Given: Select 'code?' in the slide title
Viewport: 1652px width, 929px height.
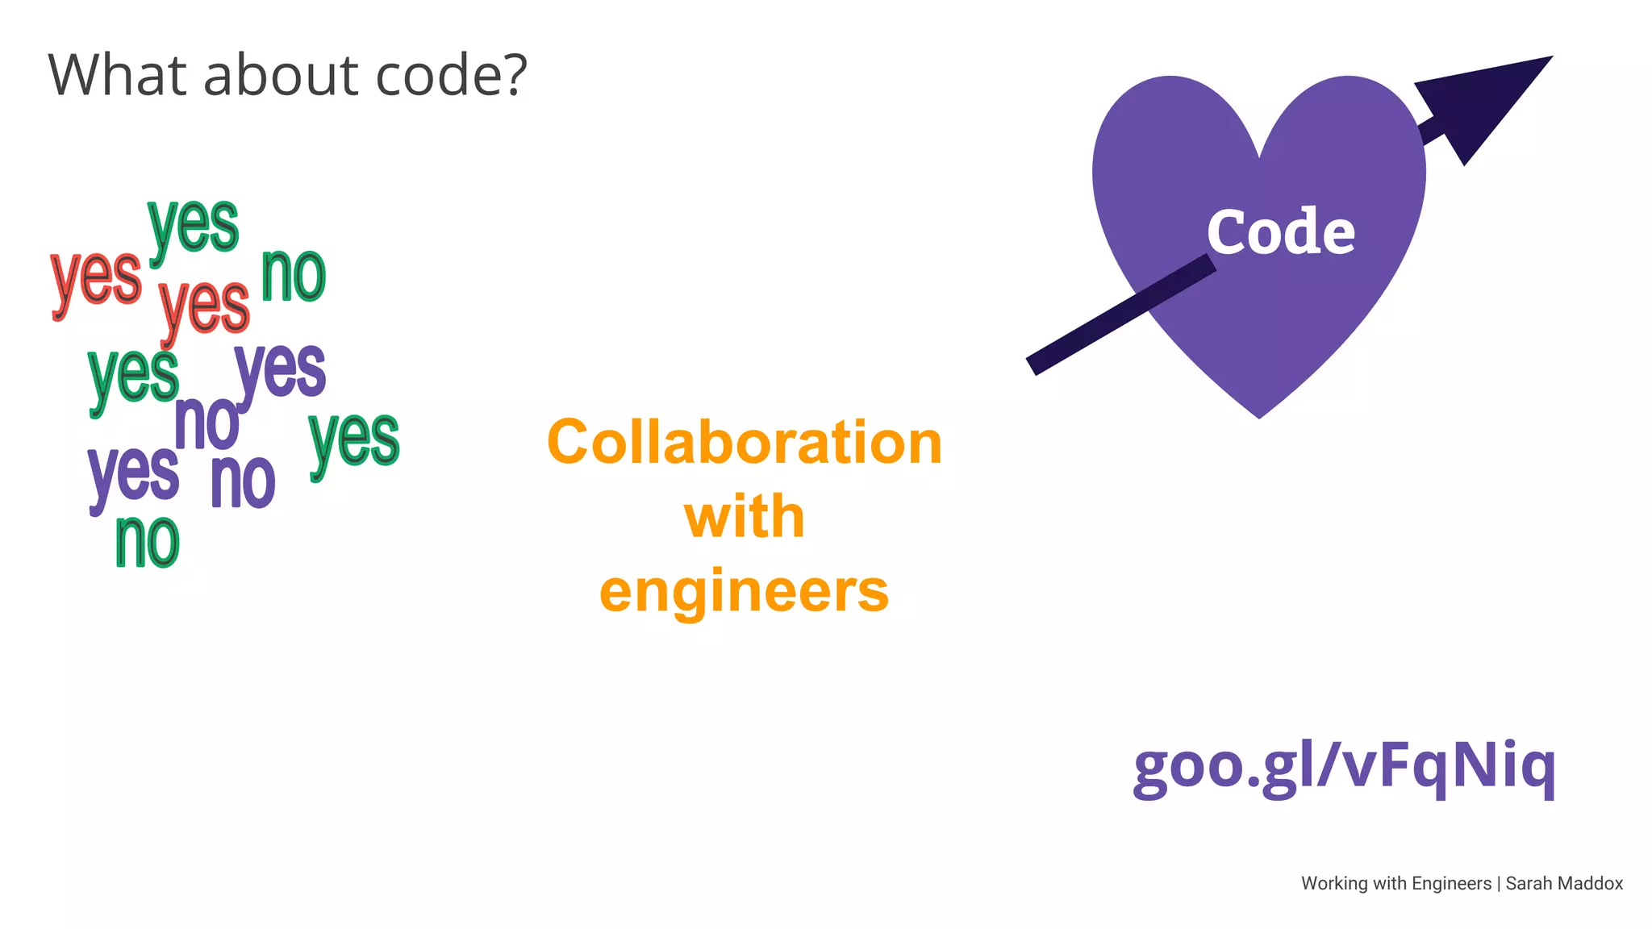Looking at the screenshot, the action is (x=452, y=75).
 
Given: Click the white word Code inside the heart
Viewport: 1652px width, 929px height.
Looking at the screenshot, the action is (x=1281, y=232).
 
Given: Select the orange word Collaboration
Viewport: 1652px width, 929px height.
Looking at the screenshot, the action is (x=745, y=443).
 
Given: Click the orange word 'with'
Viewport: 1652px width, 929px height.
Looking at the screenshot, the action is (x=745, y=517).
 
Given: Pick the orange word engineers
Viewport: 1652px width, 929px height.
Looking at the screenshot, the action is (x=745, y=591).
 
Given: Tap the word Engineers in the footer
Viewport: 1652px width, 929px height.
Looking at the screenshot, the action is (x=1451, y=884).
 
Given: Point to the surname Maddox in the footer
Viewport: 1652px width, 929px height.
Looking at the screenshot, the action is (x=1592, y=884).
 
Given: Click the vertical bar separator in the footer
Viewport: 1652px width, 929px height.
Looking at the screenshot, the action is (x=1499, y=884).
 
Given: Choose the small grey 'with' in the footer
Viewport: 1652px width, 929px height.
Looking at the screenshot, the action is (x=1390, y=884).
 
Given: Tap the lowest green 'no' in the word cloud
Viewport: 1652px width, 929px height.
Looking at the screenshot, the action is (x=147, y=542).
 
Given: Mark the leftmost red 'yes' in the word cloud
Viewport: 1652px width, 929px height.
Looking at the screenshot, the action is (x=96, y=278).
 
